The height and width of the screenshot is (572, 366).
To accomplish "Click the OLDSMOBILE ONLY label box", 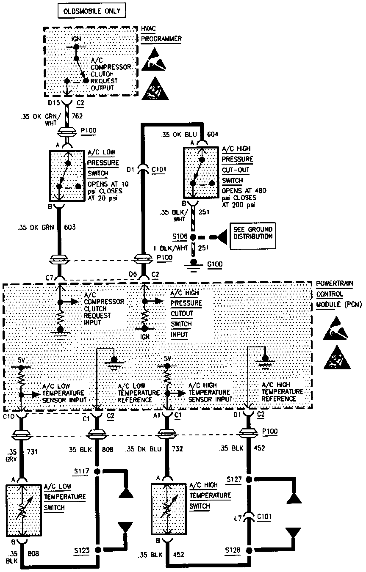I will [x=92, y=11].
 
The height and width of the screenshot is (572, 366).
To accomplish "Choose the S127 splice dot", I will [x=250, y=479].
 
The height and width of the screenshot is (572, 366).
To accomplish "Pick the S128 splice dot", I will [x=250, y=550].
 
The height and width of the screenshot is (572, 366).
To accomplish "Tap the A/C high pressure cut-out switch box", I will [x=201, y=173].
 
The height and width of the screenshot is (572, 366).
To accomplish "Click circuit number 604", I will [x=212, y=135].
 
